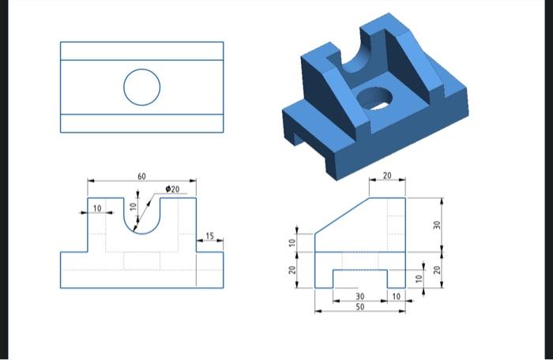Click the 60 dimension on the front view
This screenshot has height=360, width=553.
[141, 176]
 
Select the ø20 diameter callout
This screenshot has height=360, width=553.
[173, 189]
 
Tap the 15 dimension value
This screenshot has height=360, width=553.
[209, 235]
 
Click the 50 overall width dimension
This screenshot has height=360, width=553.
[359, 306]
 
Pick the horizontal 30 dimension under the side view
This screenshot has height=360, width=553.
[359, 296]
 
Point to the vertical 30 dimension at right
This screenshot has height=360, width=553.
[436, 224]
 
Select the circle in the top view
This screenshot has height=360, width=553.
[141, 86]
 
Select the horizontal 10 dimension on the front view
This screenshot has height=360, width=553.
[97, 208]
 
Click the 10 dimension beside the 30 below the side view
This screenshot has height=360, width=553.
[397, 296]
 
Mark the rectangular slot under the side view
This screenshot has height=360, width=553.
[359, 279]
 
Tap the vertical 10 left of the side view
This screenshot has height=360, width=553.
[292, 242]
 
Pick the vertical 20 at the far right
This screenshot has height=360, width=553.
[436, 271]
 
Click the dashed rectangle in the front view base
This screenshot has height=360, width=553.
[141, 261]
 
